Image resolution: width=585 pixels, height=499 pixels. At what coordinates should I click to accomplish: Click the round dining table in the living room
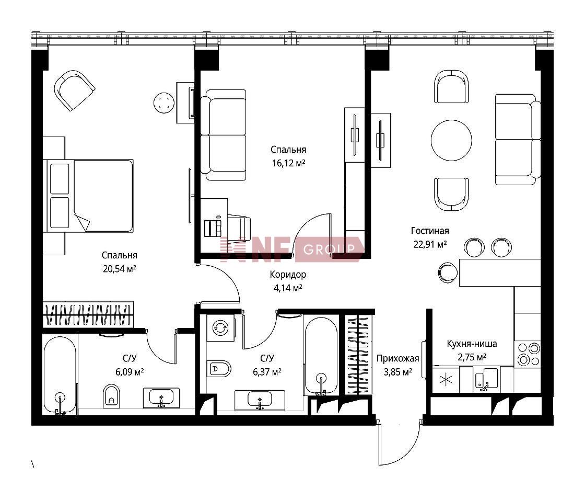pos(451,140)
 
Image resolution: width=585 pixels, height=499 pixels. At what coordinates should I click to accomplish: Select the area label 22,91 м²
pos(430,244)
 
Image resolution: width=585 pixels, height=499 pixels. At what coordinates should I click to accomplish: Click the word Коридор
pos(288,275)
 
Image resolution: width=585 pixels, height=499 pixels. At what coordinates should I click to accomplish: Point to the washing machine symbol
pos(220,327)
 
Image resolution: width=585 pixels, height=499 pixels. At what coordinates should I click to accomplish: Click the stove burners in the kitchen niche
pos(528,355)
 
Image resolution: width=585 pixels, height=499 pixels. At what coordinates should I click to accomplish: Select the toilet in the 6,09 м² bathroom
pos(111,396)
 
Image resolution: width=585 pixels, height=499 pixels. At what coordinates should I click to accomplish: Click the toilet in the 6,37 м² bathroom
pos(219,369)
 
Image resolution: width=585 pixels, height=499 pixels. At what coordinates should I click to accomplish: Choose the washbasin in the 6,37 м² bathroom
pos(260,400)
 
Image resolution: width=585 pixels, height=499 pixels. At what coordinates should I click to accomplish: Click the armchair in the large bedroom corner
pos(74,90)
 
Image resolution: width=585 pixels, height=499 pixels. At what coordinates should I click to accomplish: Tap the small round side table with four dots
pos(164,103)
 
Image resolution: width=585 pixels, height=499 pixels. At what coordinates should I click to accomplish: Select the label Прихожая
pos(397,359)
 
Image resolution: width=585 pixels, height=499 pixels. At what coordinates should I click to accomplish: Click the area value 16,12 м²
pos(288,163)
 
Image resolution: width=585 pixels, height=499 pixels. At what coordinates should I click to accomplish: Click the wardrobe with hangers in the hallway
pos(358,355)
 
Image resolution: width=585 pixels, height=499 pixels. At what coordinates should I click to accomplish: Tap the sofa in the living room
pos(518,139)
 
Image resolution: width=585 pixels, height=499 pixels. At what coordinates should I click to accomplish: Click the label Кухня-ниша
pos(472,344)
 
